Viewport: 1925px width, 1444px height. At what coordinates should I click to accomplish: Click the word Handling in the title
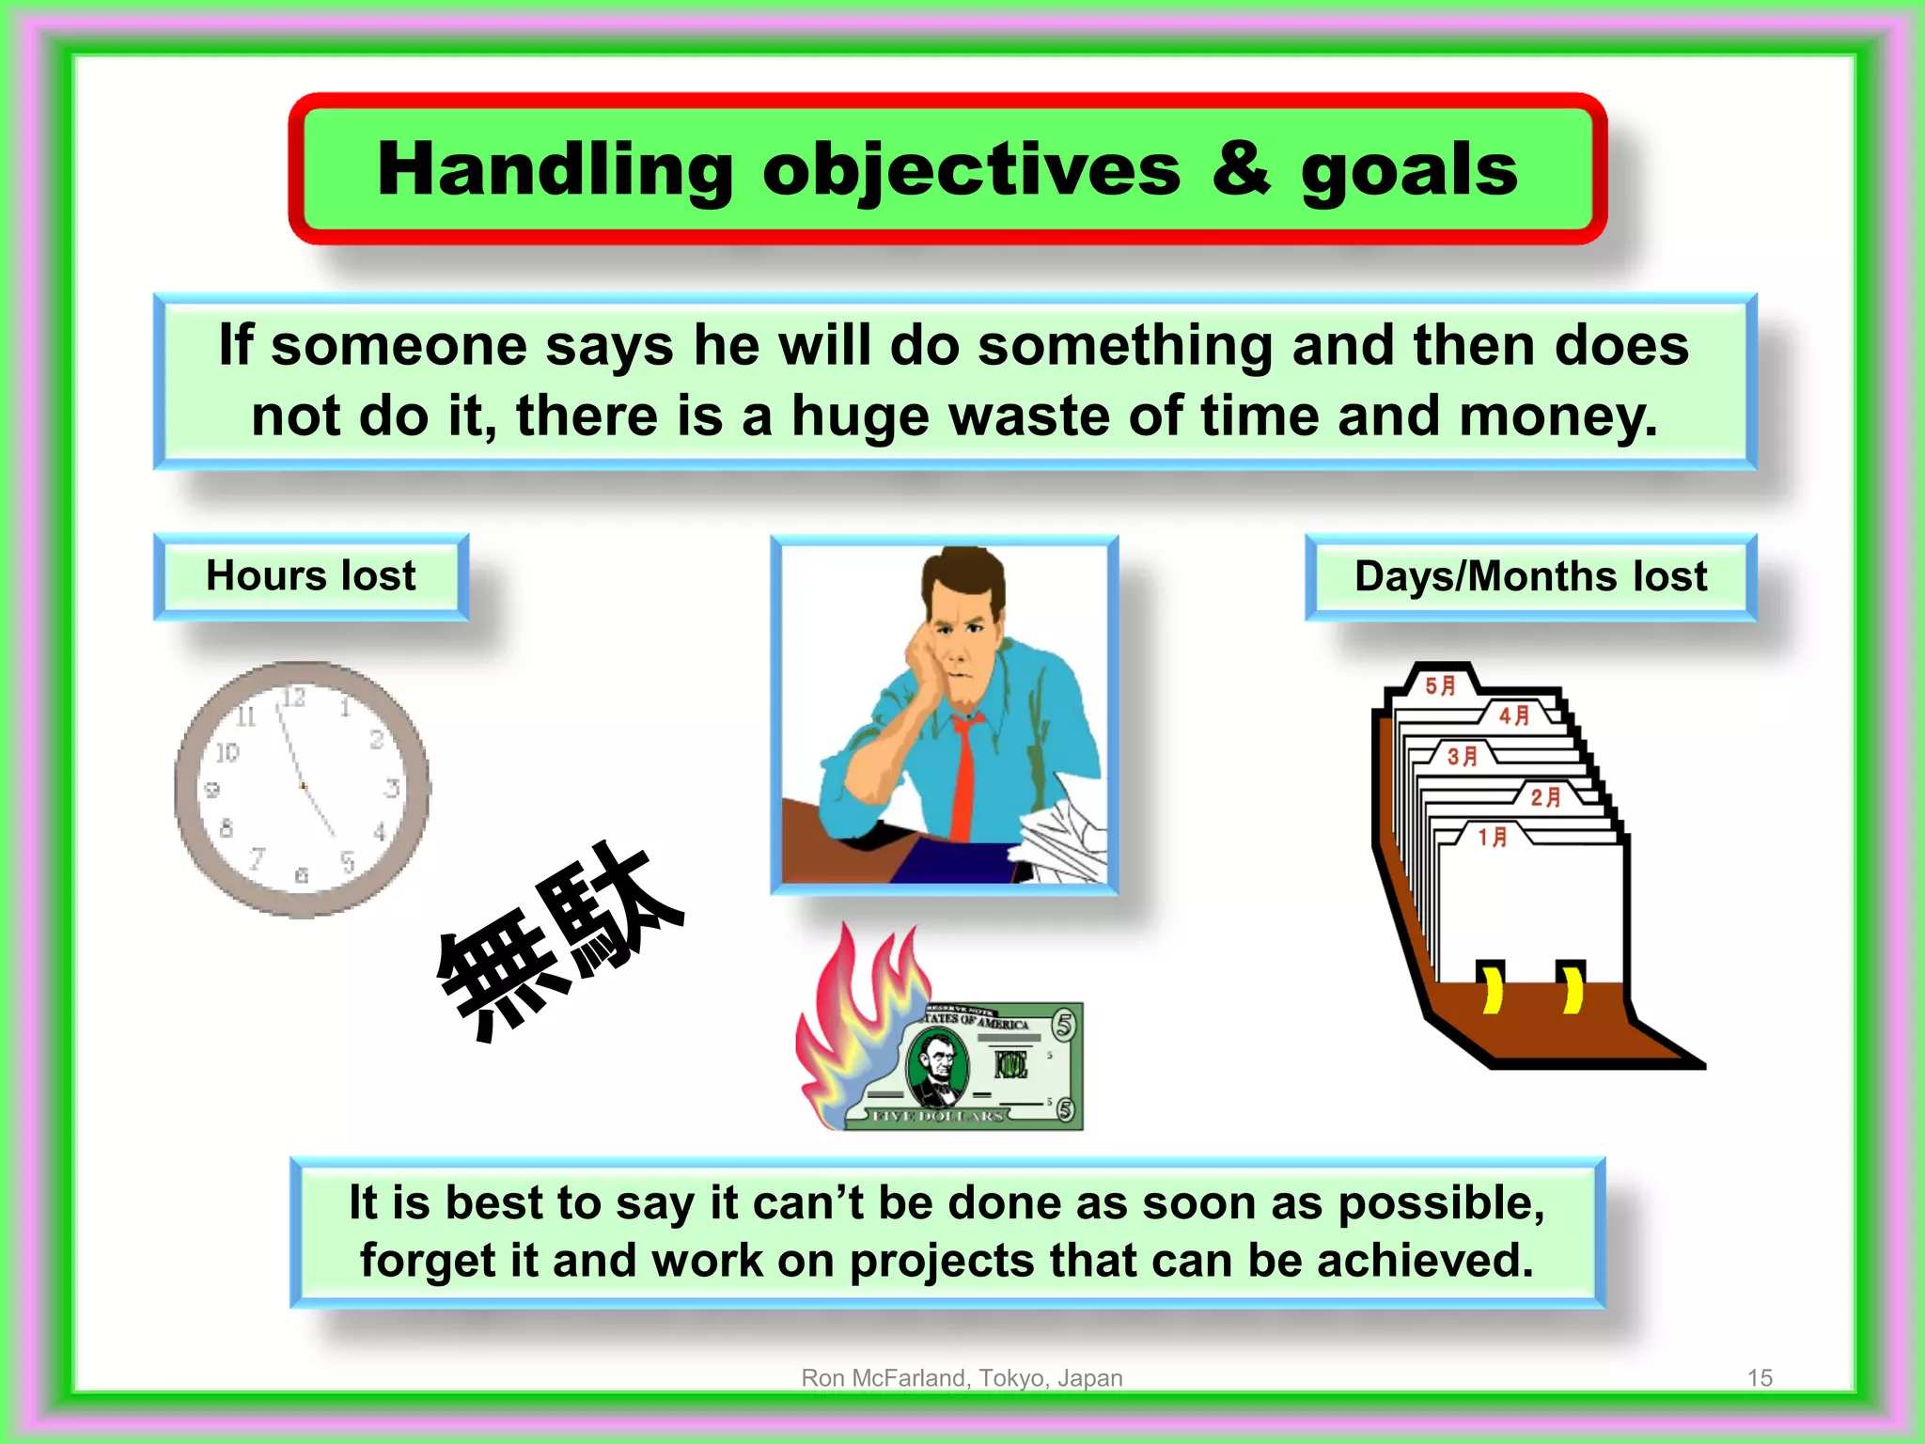click(555, 169)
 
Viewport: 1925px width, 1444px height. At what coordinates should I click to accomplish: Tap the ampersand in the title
click(1241, 169)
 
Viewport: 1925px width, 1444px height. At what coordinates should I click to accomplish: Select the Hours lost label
click(310, 575)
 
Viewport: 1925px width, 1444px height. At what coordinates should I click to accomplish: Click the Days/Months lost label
click(1530, 576)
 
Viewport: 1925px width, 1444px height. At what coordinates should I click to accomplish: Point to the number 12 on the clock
click(293, 698)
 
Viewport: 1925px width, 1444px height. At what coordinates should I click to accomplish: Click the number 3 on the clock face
click(392, 788)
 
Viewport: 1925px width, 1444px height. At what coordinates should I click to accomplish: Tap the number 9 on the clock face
click(212, 790)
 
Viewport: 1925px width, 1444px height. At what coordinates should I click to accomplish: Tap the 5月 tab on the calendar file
click(1440, 685)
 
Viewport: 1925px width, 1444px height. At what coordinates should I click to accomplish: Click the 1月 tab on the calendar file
click(1493, 836)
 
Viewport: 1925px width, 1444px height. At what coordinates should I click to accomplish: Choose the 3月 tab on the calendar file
click(1463, 756)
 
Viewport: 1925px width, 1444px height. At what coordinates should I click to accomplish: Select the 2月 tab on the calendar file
click(1545, 797)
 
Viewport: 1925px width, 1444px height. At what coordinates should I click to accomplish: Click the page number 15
click(1760, 1377)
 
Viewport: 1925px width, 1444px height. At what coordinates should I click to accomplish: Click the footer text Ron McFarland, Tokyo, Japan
click(962, 1377)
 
